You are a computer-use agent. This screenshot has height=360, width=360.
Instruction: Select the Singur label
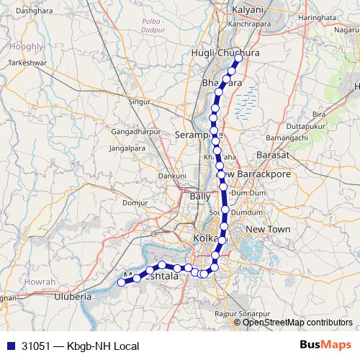tap(139, 102)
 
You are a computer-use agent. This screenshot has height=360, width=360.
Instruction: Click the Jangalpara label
tap(129, 148)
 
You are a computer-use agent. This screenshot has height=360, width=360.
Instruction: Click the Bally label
tap(199, 196)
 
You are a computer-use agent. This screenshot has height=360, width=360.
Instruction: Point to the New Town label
tap(267, 229)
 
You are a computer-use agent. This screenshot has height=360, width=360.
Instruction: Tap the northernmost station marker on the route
tap(238, 58)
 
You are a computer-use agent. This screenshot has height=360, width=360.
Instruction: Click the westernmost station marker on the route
tap(122, 282)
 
